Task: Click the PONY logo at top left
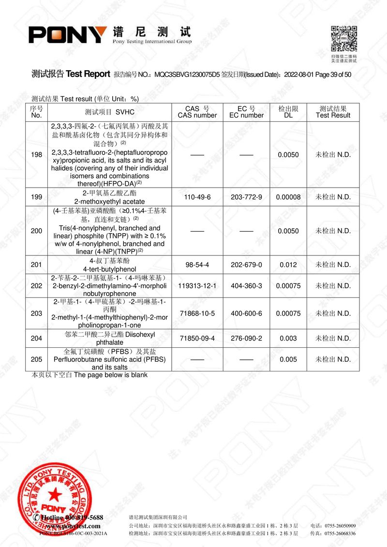(68, 34)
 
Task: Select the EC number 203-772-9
(246, 197)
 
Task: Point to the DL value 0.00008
(288, 197)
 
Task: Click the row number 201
(36, 265)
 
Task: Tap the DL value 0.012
(288, 265)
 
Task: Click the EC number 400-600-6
(246, 313)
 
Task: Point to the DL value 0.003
(288, 338)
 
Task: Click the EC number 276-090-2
(246, 338)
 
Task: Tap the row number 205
(36, 359)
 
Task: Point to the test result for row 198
(333, 155)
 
